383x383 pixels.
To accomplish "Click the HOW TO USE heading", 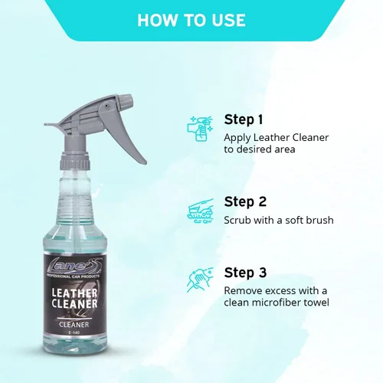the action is [191, 20].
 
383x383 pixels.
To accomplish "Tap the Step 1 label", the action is [244, 119].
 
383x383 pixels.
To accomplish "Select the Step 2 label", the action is [245, 201].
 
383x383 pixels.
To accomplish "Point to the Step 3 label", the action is [245, 273].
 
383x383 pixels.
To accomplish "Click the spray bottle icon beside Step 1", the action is [200, 128].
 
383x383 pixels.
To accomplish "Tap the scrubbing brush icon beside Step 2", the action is [200, 211].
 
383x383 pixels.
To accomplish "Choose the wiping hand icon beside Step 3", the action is [200, 280].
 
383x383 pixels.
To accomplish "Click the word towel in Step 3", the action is [316, 303].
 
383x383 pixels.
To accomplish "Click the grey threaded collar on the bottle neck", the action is [75, 162].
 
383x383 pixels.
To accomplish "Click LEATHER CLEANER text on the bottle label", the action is [74, 299].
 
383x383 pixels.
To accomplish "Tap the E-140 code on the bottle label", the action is [74, 332].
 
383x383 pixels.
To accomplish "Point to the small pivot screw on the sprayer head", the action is [106, 105].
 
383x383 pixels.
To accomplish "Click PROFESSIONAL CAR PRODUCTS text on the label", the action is [74, 277].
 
